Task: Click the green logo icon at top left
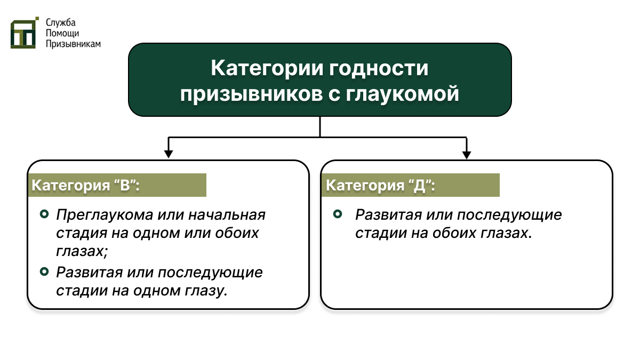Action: (25, 33)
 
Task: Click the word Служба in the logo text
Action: (61, 23)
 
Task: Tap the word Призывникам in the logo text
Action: (73, 44)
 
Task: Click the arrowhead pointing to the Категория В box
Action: (169, 154)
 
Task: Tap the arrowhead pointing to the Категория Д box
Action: (467, 154)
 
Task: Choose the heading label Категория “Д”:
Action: (381, 186)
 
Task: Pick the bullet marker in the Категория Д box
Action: (338, 214)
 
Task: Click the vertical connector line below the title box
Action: (319, 127)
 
